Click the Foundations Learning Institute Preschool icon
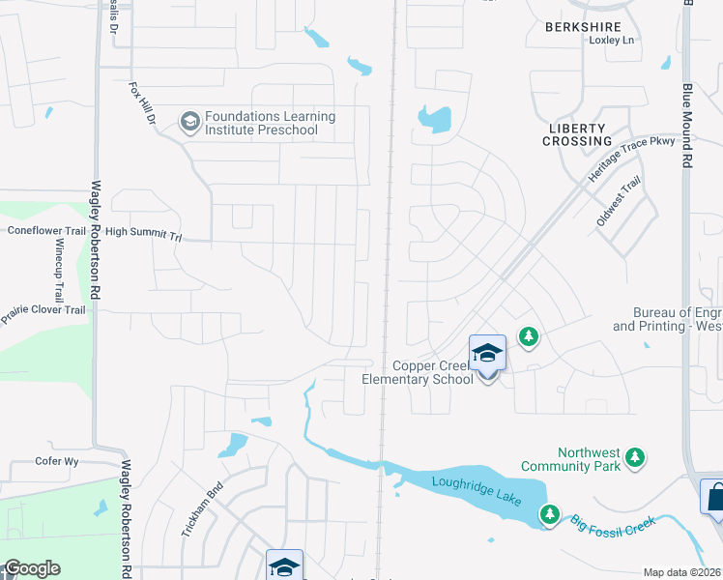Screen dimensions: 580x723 189,122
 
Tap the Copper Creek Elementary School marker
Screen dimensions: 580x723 487,354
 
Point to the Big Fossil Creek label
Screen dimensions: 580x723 611,523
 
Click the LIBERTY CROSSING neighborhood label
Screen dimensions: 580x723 576,134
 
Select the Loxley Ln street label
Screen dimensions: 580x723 611,40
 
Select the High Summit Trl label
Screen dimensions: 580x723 143,233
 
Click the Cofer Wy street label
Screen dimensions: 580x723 57,461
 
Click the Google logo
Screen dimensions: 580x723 33,568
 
